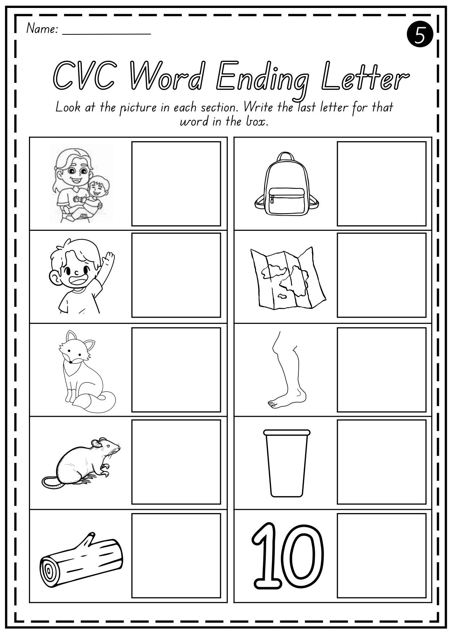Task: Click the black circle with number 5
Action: point(420,35)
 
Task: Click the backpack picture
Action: point(287,182)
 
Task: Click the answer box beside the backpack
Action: point(381,183)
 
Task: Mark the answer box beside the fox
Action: point(176,369)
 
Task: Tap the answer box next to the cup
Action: point(381,462)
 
